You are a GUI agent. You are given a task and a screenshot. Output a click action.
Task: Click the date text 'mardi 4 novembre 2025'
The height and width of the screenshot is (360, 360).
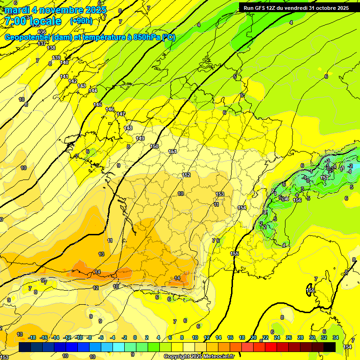point(56,10)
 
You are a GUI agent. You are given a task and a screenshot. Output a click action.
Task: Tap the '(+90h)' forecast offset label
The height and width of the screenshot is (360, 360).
point(81,21)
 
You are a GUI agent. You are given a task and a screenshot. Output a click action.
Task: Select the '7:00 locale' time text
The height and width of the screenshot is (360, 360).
point(33,22)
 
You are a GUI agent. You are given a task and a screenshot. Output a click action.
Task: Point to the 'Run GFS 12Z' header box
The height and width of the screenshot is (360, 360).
point(296,8)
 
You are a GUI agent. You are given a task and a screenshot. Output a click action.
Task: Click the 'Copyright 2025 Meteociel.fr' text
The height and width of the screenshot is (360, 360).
point(199,356)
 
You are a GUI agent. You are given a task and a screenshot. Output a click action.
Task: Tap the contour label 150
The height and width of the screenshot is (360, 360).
point(154,147)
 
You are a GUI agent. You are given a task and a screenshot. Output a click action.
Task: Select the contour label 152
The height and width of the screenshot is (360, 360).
point(186,175)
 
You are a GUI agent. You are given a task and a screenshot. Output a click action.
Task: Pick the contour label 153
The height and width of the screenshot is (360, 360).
point(220,194)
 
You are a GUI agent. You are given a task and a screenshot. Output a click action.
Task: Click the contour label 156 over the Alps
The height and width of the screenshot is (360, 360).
point(297,200)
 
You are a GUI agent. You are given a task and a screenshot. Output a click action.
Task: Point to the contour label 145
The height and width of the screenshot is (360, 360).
point(97,105)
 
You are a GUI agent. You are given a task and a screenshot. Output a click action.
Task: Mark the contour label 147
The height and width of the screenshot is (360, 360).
point(121,114)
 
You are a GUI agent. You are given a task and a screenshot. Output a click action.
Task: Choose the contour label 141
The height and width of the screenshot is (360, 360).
point(64,76)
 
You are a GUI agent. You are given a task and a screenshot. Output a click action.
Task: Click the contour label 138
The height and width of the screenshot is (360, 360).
point(51,48)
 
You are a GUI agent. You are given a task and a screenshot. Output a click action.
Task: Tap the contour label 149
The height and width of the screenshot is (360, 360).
point(140,138)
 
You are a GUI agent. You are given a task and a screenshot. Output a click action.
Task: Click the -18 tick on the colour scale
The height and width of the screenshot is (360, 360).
point(32,337)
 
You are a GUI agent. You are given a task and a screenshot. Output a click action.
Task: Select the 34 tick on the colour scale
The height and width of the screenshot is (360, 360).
point(336,337)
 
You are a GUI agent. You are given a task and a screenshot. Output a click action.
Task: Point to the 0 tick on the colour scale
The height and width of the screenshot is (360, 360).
point(135,337)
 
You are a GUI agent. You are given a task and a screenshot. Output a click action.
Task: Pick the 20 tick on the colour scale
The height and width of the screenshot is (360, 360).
point(253,337)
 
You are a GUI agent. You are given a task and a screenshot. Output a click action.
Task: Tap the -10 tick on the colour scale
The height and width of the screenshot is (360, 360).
point(79,337)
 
